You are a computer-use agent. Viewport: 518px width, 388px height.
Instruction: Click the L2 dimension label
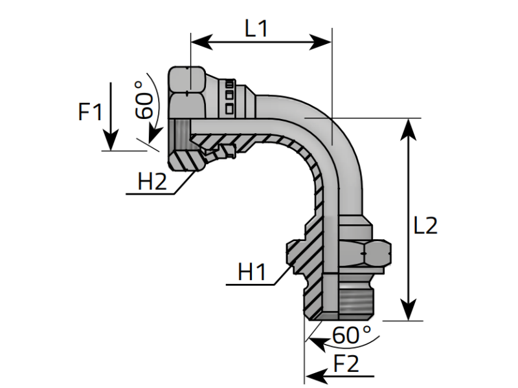click(425, 225)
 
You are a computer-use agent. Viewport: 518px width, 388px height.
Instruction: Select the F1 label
click(90, 113)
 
